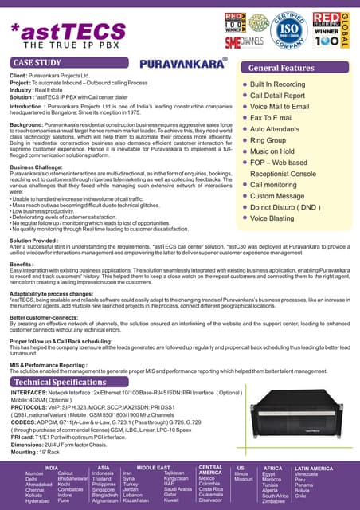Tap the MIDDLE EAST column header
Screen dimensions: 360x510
(x=151, y=467)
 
